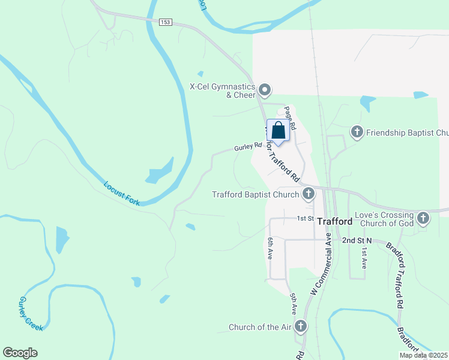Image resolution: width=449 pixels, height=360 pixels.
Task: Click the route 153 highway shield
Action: click(x=166, y=22)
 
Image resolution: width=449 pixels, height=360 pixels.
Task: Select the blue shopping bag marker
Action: click(x=278, y=130)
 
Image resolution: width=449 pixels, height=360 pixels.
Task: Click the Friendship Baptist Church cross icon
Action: click(x=357, y=132)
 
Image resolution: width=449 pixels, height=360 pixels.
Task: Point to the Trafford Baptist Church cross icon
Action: click(x=309, y=194)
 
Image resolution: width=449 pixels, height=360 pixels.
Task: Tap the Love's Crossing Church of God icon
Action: click(x=423, y=218)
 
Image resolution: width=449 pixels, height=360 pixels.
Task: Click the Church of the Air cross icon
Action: click(x=300, y=327)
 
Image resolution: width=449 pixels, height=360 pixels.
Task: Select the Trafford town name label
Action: click(x=335, y=221)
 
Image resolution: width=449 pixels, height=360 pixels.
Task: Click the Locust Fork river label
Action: click(x=122, y=194)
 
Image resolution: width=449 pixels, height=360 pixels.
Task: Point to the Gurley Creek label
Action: click(x=31, y=313)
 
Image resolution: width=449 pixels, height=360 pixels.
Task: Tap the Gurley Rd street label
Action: click(x=249, y=146)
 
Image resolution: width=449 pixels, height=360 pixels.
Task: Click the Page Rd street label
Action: click(x=290, y=118)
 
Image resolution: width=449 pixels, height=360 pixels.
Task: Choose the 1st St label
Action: click(x=306, y=218)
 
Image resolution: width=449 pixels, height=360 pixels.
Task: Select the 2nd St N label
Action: click(x=357, y=240)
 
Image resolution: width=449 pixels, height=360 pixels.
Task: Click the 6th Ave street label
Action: click(x=271, y=248)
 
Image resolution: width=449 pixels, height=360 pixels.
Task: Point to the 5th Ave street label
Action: click(x=294, y=304)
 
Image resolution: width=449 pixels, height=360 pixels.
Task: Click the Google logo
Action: click(x=20, y=353)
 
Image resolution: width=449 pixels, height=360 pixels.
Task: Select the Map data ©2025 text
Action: click(x=423, y=355)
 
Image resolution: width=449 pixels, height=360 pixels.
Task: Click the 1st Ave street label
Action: click(x=364, y=257)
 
